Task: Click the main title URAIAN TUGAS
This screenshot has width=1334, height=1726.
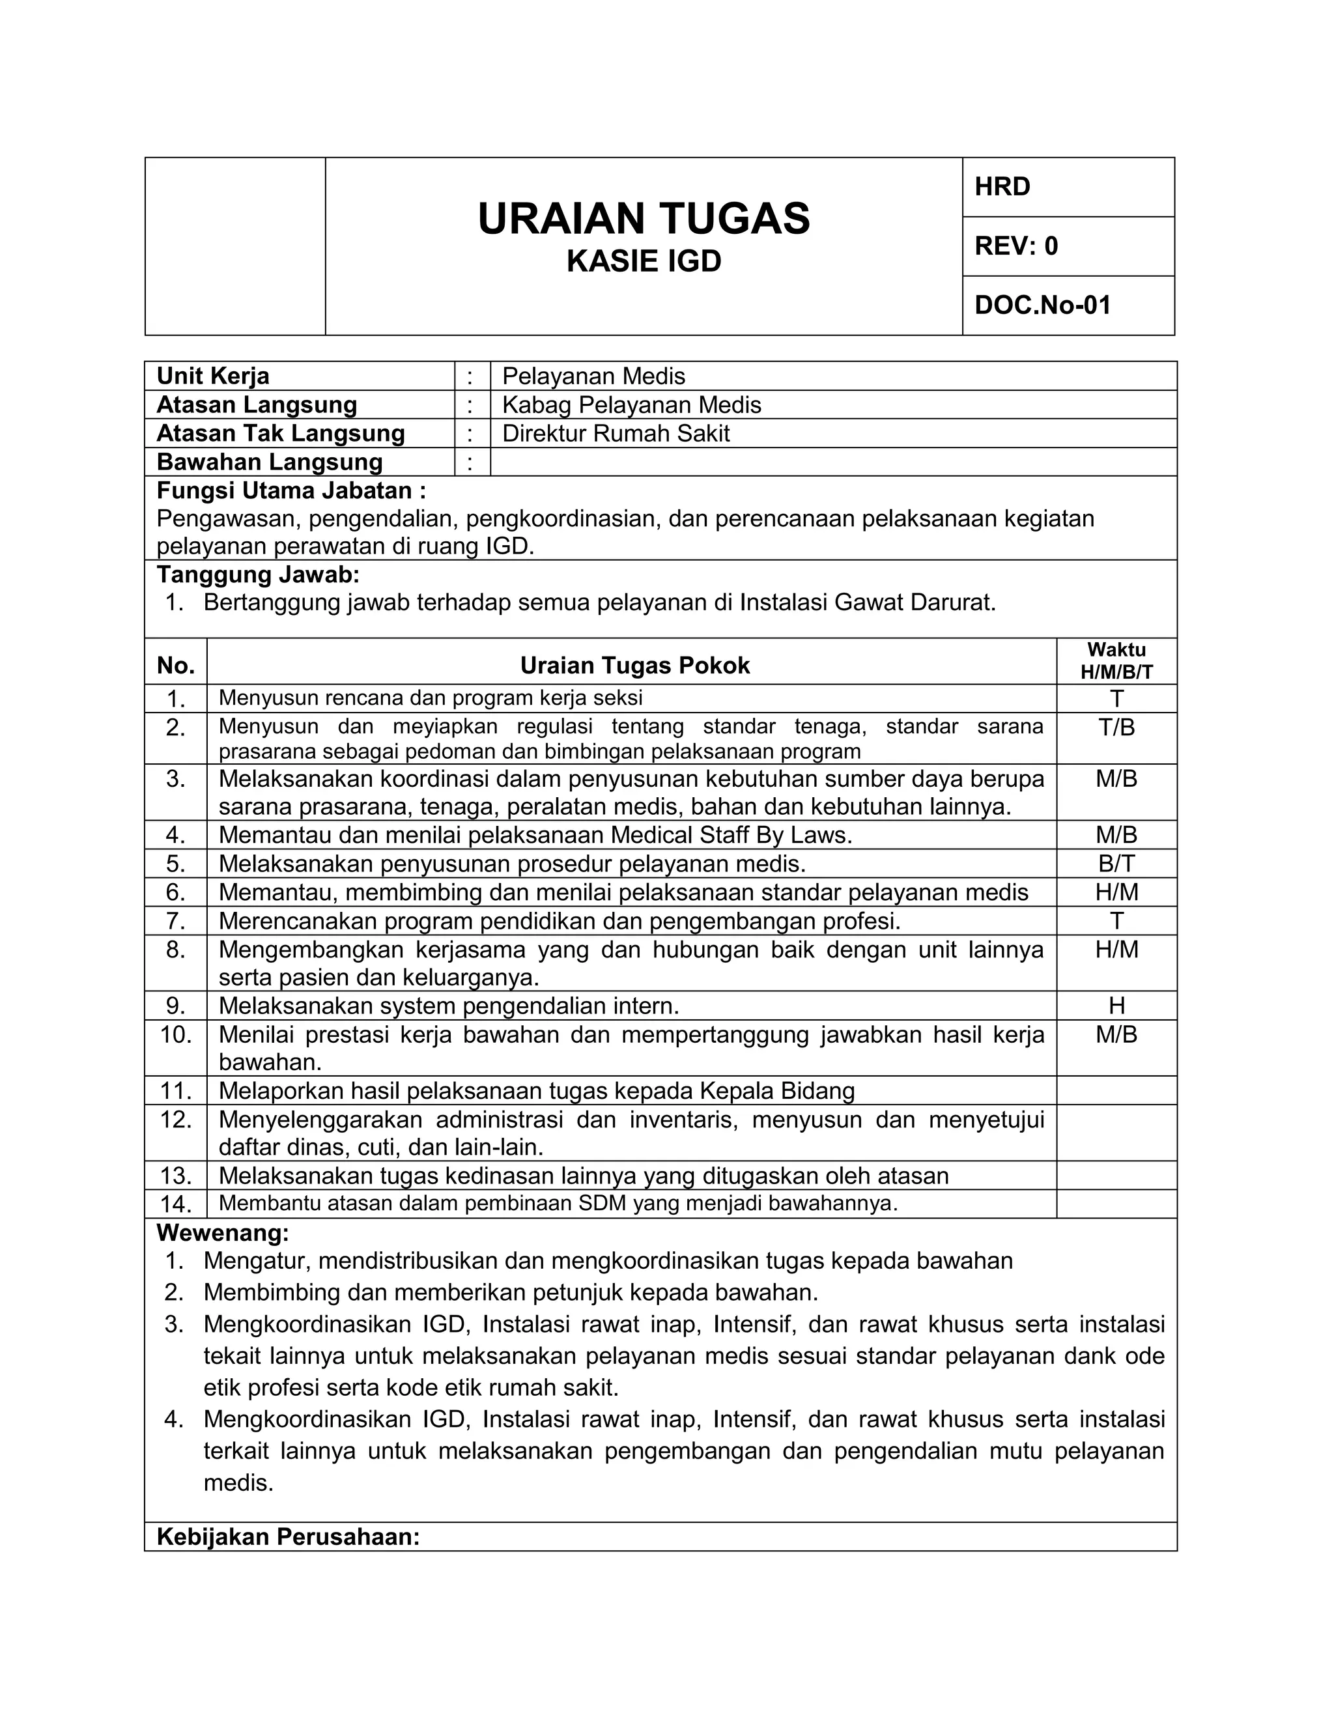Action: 644,219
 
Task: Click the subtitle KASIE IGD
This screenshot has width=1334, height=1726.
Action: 644,262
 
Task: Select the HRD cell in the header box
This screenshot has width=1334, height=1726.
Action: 1068,188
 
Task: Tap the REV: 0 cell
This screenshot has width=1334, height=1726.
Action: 1068,247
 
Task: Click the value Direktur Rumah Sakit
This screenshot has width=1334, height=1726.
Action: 616,433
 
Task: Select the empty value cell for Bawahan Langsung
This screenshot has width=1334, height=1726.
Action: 833,462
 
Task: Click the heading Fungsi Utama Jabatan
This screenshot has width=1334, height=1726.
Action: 291,491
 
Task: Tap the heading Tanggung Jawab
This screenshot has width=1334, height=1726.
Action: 258,574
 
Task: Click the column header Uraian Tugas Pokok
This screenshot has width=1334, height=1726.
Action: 634,666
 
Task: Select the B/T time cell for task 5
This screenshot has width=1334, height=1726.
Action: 1116,864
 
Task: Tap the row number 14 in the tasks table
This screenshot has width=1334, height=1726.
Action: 175,1204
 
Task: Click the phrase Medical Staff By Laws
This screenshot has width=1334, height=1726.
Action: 731,836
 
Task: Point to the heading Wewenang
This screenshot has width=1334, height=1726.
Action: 223,1233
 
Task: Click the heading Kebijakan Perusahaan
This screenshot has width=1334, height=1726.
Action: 288,1537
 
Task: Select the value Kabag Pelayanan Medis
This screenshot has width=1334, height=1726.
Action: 631,404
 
